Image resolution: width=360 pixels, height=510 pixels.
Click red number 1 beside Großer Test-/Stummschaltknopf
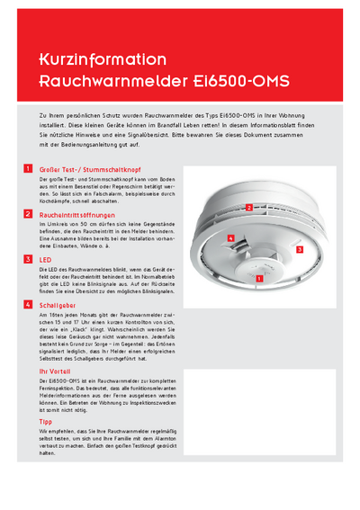pos(29,169)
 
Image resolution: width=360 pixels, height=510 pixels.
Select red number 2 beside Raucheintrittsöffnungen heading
pos(29,215)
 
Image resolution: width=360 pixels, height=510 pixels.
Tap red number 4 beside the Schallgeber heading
pos(29,305)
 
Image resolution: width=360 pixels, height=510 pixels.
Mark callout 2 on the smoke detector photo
pos(248,207)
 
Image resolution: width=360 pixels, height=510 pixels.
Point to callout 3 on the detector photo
pos(299,246)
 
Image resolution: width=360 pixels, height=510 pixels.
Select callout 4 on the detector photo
pos(231,237)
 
